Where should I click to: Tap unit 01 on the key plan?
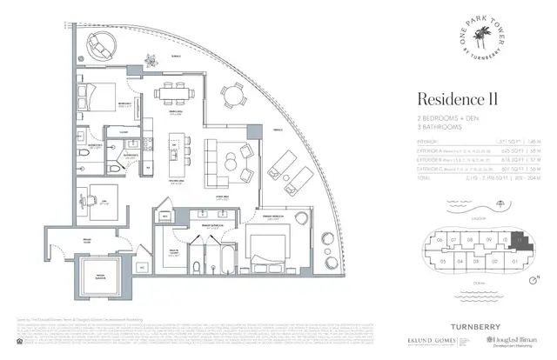click(517, 260)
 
